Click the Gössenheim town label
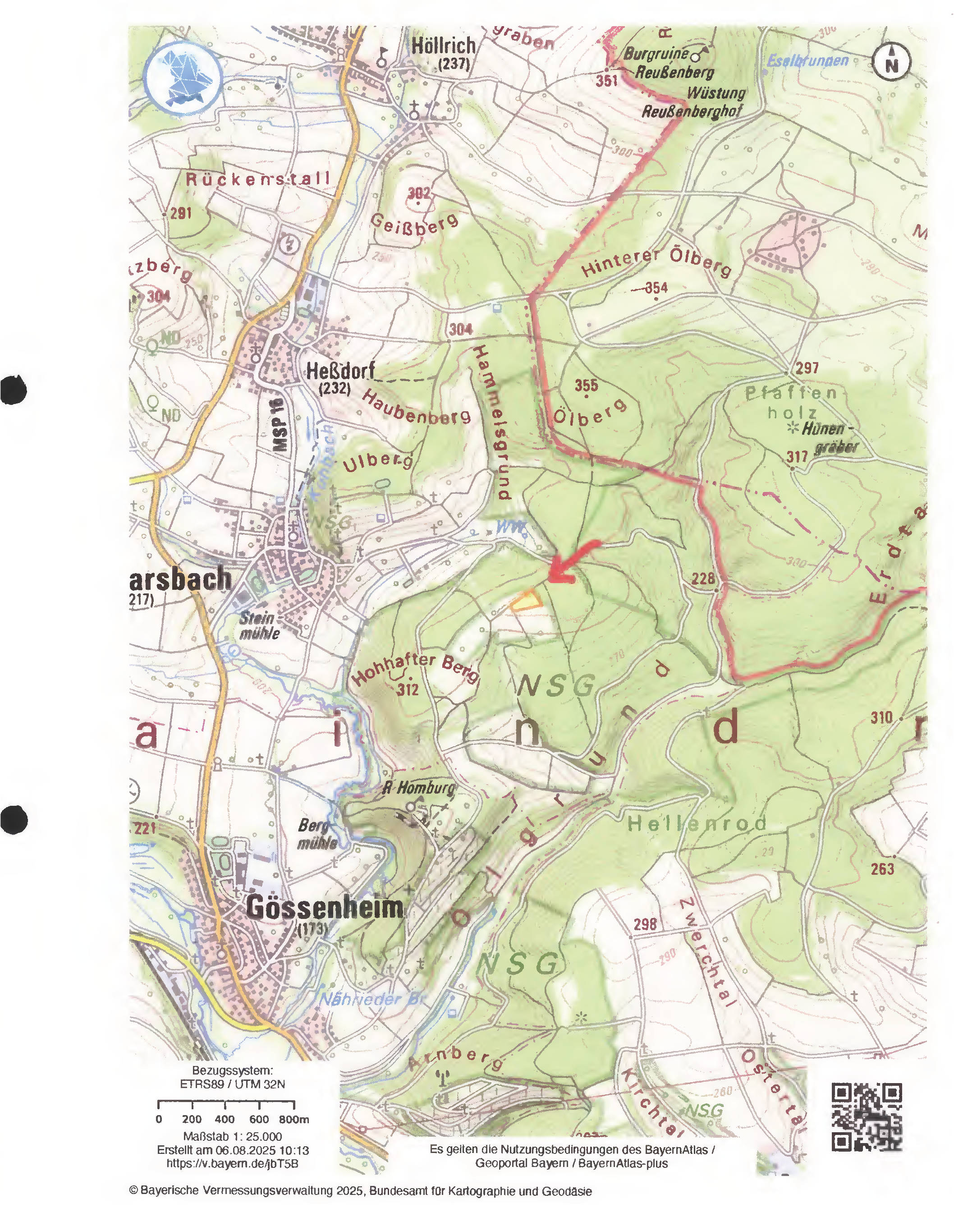click(325, 908)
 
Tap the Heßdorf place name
click(341, 370)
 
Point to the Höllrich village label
click(444, 46)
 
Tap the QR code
click(867, 1117)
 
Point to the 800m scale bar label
click(294, 1119)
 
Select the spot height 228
click(703, 579)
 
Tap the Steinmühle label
click(257, 625)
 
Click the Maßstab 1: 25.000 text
click(232, 1136)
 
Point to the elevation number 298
click(645, 924)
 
